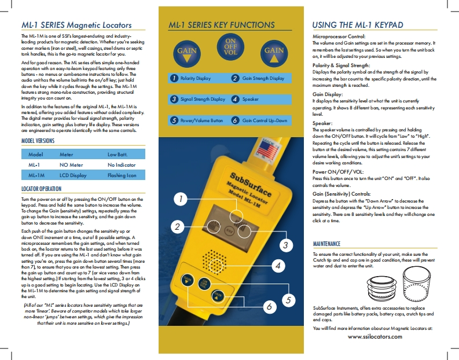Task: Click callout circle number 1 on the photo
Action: point(181,200)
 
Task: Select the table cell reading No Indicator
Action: point(122,165)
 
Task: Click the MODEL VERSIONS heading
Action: point(38,141)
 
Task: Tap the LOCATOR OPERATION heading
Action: point(41,189)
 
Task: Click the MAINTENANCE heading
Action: point(328,244)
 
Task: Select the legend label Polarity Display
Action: point(196,78)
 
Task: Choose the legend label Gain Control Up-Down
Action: point(265,121)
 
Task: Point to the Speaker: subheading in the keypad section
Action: point(322,124)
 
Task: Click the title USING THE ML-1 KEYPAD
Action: point(358,25)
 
